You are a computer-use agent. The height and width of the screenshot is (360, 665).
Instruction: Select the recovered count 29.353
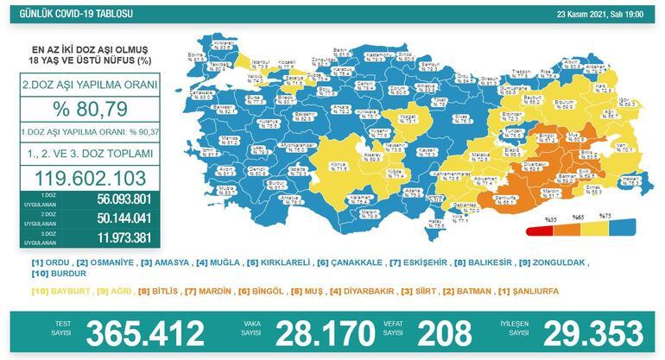tap(576, 332)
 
